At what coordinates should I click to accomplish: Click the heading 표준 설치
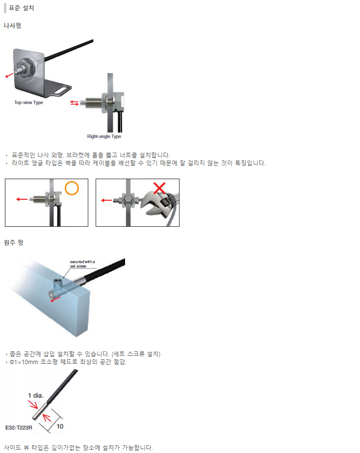[x=22, y=8]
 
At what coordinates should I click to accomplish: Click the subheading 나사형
[x=12, y=26]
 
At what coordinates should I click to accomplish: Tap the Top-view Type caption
[x=28, y=103]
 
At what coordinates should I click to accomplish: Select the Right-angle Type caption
[x=104, y=136]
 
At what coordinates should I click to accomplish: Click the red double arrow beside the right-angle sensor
[x=75, y=103]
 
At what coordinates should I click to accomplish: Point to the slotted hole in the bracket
[x=61, y=89]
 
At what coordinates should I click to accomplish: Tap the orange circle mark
[x=72, y=188]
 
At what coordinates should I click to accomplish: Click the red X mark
[x=159, y=188]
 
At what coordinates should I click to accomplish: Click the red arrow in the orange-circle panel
[x=22, y=199]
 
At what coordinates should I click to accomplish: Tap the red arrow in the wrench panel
[x=106, y=200]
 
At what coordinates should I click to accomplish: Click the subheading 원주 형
[x=14, y=242]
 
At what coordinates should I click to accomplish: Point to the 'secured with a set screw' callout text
[x=82, y=264]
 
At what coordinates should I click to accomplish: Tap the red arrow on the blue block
[x=55, y=299]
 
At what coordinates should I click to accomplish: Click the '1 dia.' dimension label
[x=36, y=396]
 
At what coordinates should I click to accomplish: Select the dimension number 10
[x=60, y=426]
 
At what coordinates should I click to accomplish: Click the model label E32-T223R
[x=19, y=427]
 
